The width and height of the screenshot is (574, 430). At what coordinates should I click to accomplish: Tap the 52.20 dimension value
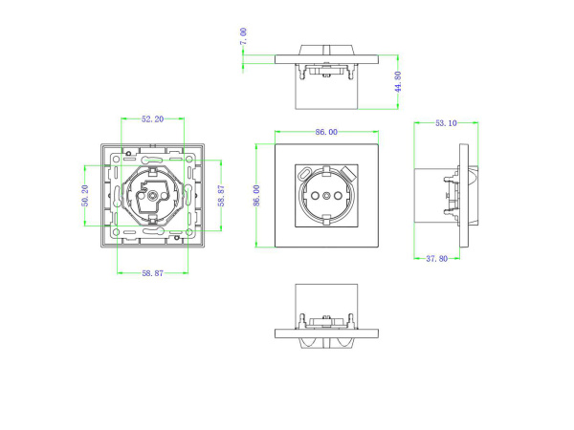(x=151, y=119)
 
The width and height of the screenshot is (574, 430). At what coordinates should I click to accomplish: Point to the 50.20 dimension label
(x=85, y=196)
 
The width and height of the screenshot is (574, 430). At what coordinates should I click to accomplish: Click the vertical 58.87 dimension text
(x=220, y=196)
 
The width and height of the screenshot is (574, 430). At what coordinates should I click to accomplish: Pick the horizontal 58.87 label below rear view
(x=151, y=273)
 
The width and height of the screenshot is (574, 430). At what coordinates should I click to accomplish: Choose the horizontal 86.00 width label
(x=327, y=132)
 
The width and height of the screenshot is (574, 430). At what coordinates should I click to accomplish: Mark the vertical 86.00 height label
(x=256, y=196)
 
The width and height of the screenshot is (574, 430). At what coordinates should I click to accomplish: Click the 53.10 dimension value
(x=445, y=123)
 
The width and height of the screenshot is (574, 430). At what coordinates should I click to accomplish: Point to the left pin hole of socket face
(x=314, y=196)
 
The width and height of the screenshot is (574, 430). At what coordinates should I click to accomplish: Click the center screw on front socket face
(x=327, y=196)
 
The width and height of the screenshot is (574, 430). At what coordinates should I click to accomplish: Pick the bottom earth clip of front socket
(x=327, y=219)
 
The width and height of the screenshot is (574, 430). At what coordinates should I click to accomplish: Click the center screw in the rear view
(x=151, y=196)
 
